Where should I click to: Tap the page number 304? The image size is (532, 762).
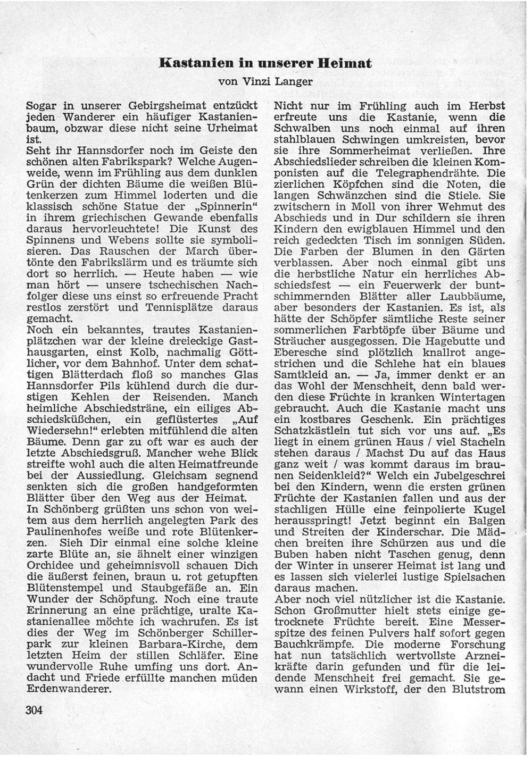(34, 710)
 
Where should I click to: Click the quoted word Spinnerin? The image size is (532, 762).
(224, 207)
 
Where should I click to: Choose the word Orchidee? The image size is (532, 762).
(50, 565)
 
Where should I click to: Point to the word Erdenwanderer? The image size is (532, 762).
(69, 689)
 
